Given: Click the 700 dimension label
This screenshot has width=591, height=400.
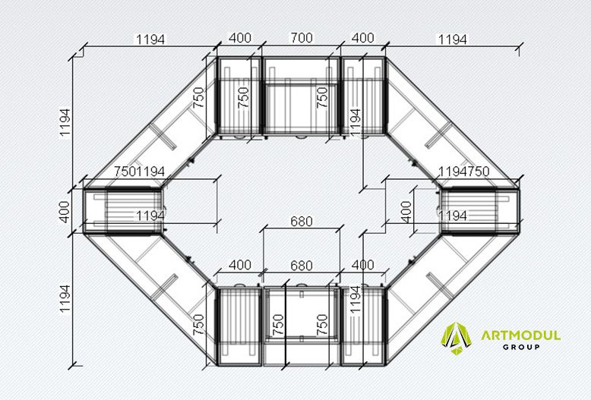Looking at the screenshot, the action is click(302, 38).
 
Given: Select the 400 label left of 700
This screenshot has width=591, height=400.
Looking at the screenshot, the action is click(240, 38).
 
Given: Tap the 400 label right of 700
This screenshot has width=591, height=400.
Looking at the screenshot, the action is click(362, 38).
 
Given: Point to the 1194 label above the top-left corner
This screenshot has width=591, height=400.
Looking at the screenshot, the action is click(150, 39).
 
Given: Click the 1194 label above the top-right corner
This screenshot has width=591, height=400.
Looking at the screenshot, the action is click(452, 39).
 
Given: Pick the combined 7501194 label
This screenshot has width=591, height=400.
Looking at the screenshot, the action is click(140, 172).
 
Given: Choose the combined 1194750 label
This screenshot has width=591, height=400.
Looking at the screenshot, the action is click(463, 172).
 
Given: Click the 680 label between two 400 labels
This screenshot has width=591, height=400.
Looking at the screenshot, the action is click(302, 266).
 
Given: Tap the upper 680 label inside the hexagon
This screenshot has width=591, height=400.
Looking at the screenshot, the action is click(302, 222).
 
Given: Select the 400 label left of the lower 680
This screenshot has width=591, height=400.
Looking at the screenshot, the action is click(240, 265).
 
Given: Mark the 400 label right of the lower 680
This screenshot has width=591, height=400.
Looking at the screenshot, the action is click(362, 265).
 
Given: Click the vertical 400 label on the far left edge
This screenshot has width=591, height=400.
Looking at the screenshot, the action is click(65, 212).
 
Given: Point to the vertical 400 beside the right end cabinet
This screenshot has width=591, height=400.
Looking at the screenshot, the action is click(406, 212).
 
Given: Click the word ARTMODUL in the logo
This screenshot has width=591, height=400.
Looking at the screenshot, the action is click(520, 335).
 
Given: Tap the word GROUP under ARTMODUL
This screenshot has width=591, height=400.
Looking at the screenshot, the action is click(521, 347).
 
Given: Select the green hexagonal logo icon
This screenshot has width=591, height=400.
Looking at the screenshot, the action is click(457, 339).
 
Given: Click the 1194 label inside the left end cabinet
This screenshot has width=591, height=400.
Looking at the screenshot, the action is click(150, 216).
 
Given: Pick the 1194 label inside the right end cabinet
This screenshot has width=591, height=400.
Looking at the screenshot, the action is click(453, 216).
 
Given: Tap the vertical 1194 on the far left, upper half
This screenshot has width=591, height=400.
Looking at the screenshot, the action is click(65, 123).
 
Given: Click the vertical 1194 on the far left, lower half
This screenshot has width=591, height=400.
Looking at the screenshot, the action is click(65, 298).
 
